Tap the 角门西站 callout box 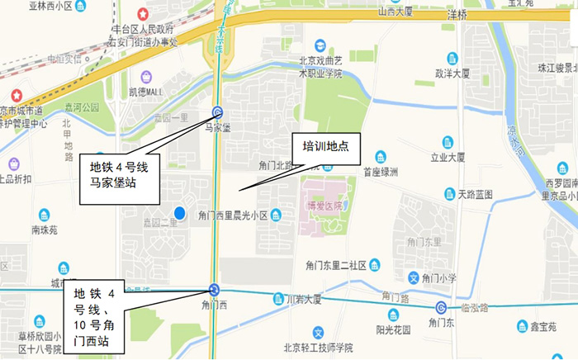[x=96, y=316]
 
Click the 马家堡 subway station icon [x=217, y=113]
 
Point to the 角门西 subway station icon [x=214, y=289]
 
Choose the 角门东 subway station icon [x=441, y=308]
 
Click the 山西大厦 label [x=399, y=12]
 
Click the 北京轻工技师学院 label [x=318, y=347]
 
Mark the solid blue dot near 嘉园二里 [x=180, y=212]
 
